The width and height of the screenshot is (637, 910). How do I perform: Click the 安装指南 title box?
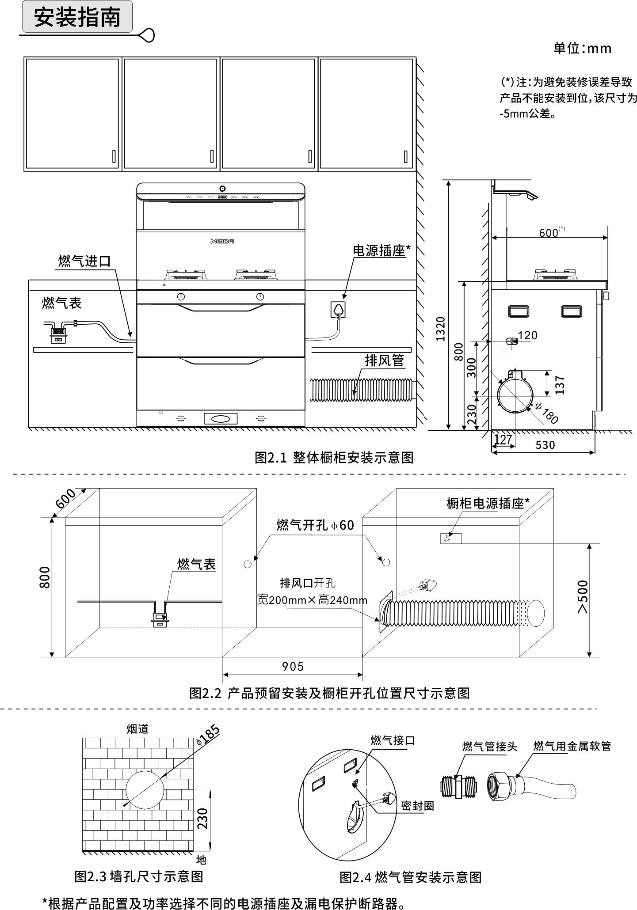(x=77, y=18)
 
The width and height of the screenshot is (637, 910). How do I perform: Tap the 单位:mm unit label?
(x=582, y=48)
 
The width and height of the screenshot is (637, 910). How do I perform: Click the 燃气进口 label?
(x=84, y=261)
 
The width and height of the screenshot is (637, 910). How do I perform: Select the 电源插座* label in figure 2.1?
(x=381, y=250)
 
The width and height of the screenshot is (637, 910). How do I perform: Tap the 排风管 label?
(x=384, y=360)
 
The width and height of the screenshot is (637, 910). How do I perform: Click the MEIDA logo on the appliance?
(x=222, y=241)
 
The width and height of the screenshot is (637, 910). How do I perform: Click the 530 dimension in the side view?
(x=545, y=445)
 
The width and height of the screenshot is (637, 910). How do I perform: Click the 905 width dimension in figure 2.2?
(x=293, y=666)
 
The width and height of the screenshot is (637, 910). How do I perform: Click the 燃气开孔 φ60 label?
(x=315, y=525)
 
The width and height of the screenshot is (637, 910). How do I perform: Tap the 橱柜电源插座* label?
(x=488, y=503)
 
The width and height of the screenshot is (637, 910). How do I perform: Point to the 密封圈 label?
(x=417, y=806)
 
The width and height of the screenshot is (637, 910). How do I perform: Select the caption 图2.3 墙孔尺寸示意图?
(x=138, y=876)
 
